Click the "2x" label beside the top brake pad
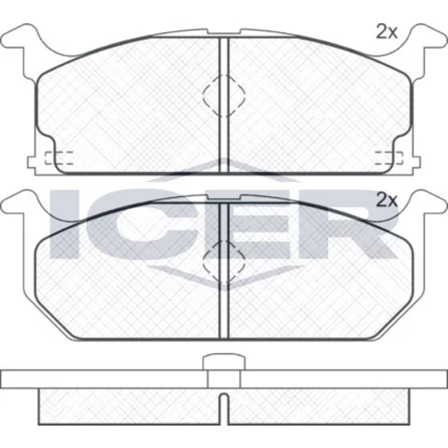pyautogui.click(x=387, y=32)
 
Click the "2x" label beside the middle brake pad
pyautogui.click(x=387, y=200)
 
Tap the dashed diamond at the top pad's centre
pyautogui.click(x=224, y=96)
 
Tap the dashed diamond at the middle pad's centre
pyautogui.click(x=224, y=262)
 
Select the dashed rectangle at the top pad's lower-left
pyautogui.click(x=59, y=158)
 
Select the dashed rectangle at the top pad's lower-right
pyautogui.click(x=389, y=158)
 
